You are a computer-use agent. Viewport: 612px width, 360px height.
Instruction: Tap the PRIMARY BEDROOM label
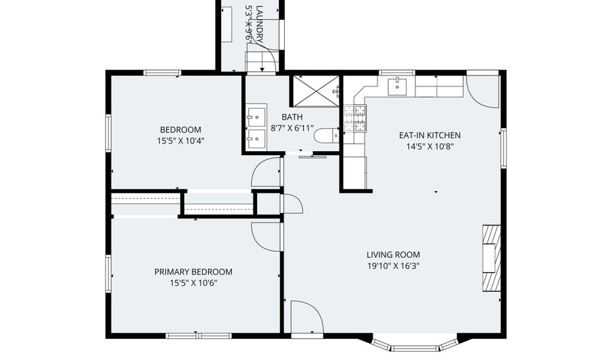[x=193, y=272]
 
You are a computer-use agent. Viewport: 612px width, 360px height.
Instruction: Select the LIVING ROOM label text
[x=394, y=255]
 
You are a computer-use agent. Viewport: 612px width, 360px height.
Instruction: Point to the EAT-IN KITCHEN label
[x=430, y=135]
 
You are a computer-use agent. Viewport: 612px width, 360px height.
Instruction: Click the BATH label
[x=292, y=117]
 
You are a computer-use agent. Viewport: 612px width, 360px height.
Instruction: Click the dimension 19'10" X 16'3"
[x=394, y=266]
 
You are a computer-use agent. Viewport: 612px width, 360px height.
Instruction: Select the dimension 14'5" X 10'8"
[x=430, y=147]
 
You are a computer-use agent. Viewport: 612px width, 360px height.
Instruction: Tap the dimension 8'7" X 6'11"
[x=292, y=128]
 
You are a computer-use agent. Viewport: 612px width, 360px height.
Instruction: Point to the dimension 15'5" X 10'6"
[x=193, y=283]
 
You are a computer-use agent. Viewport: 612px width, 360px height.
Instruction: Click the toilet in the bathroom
[x=326, y=135]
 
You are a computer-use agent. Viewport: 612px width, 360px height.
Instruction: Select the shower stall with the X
[x=316, y=91]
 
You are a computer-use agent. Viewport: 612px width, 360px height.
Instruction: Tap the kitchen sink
[x=397, y=86]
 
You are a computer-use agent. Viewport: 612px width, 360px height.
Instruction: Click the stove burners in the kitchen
[x=355, y=118]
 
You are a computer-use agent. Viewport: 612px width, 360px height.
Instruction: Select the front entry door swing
[x=307, y=317]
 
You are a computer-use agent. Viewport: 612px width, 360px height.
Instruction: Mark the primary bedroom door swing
[x=266, y=237]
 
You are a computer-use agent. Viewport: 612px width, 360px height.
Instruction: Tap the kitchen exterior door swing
[x=483, y=92]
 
